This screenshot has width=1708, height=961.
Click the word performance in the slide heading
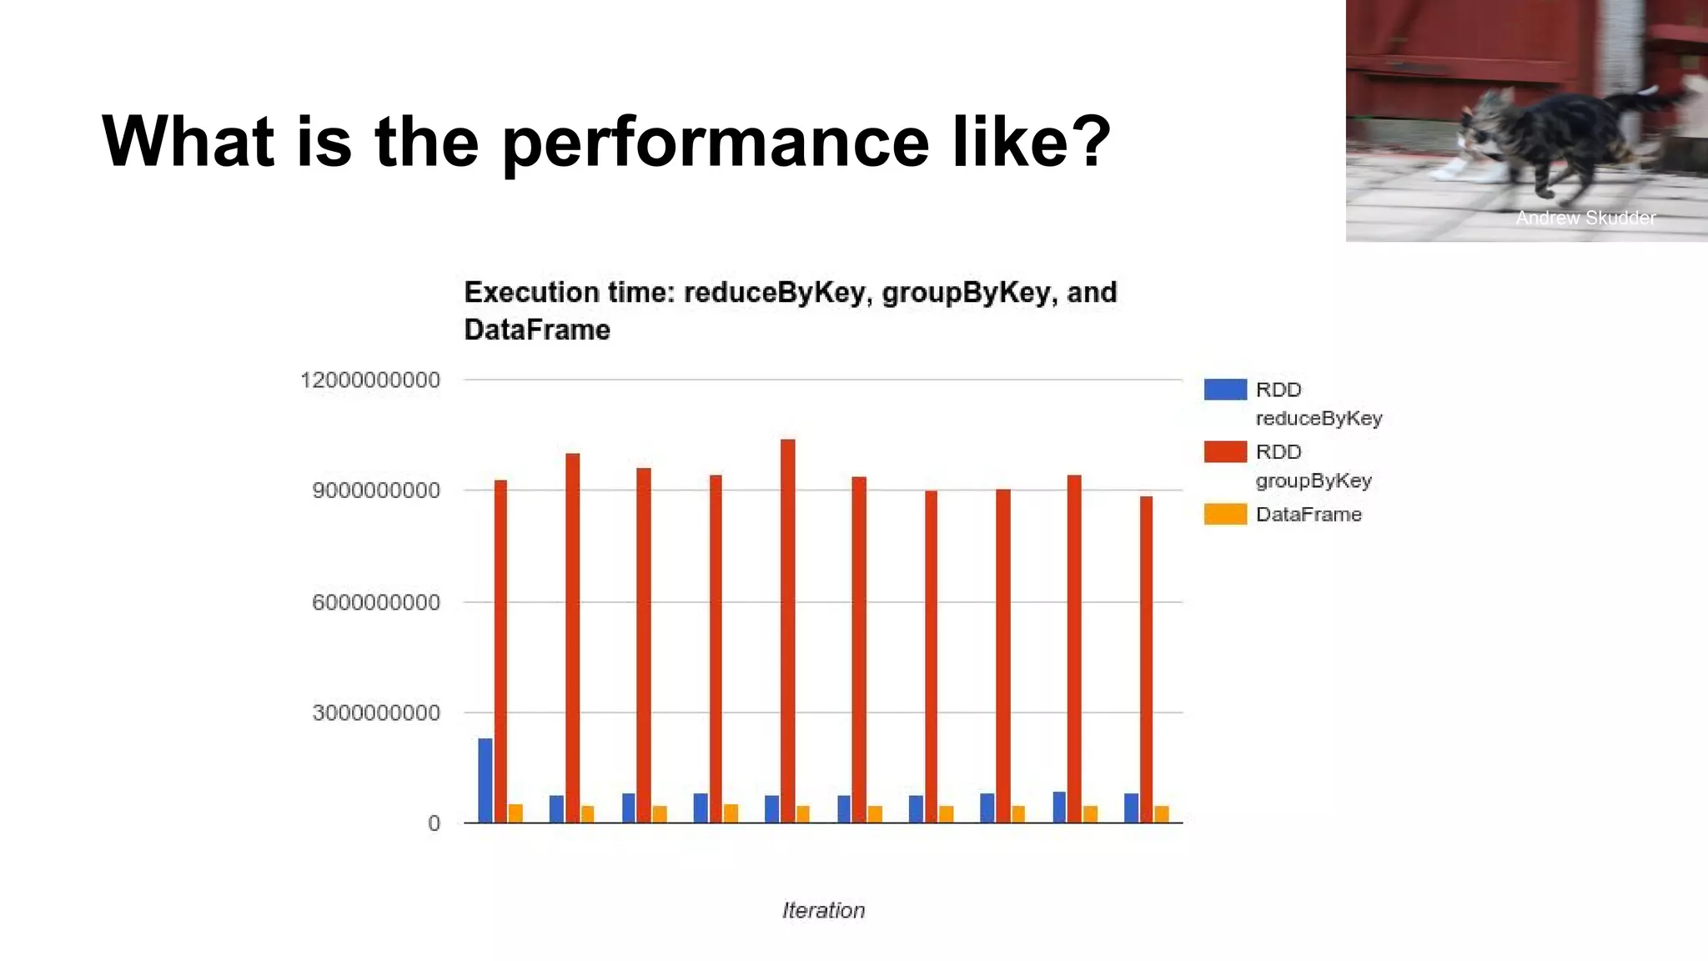(x=716, y=142)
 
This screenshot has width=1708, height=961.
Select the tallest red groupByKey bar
(x=787, y=630)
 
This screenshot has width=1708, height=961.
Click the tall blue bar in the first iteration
(x=485, y=780)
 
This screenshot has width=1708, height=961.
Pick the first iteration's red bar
(x=500, y=651)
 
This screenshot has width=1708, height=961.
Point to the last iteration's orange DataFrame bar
(x=1162, y=813)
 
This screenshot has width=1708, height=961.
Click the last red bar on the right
(x=1146, y=659)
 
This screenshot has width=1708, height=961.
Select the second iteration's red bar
(x=572, y=638)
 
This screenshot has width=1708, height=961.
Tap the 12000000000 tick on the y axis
(x=369, y=380)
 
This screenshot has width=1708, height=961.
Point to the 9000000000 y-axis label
(x=375, y=491)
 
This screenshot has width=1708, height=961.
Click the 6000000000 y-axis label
(x=375, y=602)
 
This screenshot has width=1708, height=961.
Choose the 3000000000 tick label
(x=375, y=713)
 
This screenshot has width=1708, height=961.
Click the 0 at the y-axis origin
(x=434, y=824)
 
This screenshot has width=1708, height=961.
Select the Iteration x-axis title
(x=823, y=910)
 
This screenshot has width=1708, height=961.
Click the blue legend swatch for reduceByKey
(x=1225, y=390)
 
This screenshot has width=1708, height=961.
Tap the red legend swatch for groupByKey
(x=1225, y=452)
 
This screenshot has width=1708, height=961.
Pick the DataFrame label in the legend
(x=1308, y=515)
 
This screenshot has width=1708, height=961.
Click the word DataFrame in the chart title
(x=536, y=330)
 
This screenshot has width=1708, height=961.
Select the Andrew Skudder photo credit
(x=1585, y=218)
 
